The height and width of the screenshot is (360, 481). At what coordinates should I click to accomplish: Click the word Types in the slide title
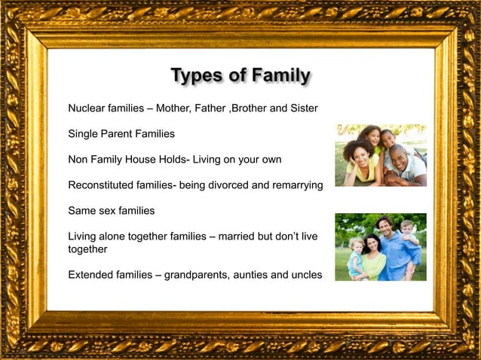tap(197, 76)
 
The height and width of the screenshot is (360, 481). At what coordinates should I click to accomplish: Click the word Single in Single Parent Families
tap(83, 133)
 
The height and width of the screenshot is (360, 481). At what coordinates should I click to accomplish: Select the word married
tap(236, 236)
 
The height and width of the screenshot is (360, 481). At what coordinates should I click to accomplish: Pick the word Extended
tap(90, 275)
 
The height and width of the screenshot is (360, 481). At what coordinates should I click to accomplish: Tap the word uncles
tap(305, 275)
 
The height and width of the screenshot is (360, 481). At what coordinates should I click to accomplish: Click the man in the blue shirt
tap(388, 249)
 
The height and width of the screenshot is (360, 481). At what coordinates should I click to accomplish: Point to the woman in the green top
tap(372, 260)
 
